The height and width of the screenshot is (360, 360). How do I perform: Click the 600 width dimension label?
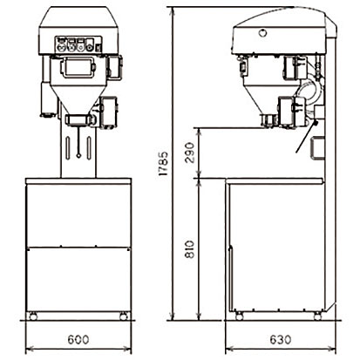point(78,339)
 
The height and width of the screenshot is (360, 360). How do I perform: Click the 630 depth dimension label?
point(281,339)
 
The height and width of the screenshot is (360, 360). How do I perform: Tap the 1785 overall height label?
point(163,163)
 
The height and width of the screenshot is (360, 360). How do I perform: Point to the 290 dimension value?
point(189,153)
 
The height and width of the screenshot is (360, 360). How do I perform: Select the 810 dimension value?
point(189,250)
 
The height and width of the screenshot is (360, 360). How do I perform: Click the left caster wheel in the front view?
point(33,316)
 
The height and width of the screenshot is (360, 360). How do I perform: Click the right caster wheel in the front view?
point(124,316)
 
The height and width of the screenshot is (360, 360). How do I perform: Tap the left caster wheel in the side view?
point(239,316)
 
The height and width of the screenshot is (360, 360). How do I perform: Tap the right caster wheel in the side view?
point(317,316)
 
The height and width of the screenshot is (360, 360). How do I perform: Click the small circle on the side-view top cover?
point(262,33)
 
